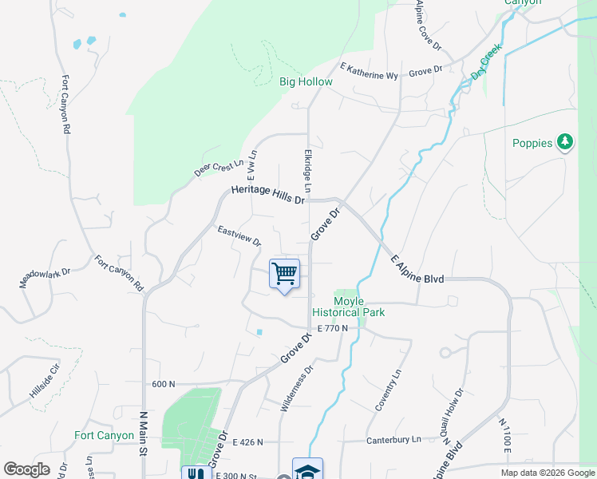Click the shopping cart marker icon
point(284,274)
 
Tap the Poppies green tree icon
point(566,142)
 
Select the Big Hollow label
point(306,81)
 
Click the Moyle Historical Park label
point(359,307)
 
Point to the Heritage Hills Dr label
point(267,194)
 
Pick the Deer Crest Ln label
point(218,169)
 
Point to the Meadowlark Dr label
point(45,277)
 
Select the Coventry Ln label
point(389,390)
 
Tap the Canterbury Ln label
point(393,440)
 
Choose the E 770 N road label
point(333,328)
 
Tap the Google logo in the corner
point(26,469)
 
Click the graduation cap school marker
point(307,469)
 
